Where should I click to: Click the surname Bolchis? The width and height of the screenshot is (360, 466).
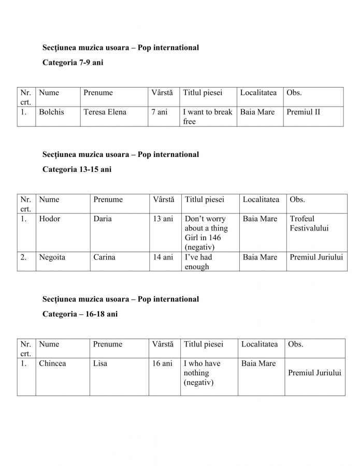pyautogui.click(x=51, y=112)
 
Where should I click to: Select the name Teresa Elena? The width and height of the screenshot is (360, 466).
pyautogui.click(x=105, y=112)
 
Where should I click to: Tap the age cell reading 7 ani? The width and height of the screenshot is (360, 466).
pyautogui.click(x=160, y=112)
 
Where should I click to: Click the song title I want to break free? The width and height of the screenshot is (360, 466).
pyautogui.click(x=207, y=116)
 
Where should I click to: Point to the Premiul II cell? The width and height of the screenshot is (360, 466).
pyautogui.click(x=303, y=112)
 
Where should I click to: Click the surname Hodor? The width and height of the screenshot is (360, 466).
pyautogui.click(x=50, y=219)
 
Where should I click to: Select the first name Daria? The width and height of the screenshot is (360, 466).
pyautogui.click(x=103, y=219)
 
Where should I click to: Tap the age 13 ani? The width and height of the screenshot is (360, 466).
pyautogui.click(x=163, y=219)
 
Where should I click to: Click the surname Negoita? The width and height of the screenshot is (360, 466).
pyautogui.click(x=52, y=257)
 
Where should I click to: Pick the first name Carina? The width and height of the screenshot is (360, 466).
pyautogui.click(x=105, y=257)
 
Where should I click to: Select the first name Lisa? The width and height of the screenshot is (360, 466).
pyautogui.click(x=100, y=363)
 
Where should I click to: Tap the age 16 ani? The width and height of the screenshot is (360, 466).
pyautogui.click(x=162, y=363)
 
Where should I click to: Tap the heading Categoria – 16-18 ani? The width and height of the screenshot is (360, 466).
pyautogui.click(x=80, y=314)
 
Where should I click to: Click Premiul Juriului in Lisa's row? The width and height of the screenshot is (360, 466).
pyautogui.click(x=314, y=372)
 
